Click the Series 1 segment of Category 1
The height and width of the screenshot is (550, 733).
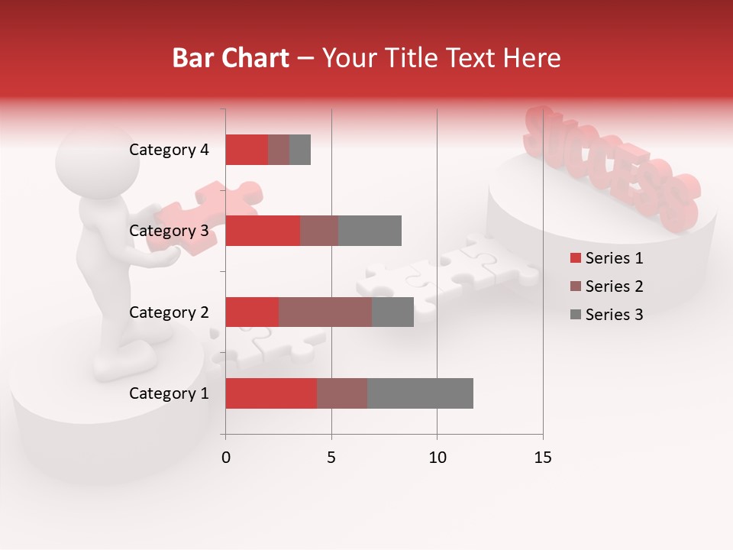[271, 393]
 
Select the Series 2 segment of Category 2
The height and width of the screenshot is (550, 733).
[325, 312]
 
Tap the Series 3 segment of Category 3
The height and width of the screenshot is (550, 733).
[370, 231]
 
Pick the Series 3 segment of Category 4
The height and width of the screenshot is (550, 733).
[300, 150]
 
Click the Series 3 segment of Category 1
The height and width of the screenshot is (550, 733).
[420, 393]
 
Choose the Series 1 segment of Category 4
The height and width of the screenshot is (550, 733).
[247, 150]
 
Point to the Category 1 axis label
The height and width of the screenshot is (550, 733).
[169, 393]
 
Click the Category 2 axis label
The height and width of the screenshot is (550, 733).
[169, 312]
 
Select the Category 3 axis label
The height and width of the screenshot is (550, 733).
[169, 231]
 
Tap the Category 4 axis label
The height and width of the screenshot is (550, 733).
[169, 150]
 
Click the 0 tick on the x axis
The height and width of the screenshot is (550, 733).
[226, 458]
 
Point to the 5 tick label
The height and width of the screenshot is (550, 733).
[331, 458]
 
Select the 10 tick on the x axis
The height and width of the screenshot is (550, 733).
[437, 458]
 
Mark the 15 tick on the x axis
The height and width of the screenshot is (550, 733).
[543, 458]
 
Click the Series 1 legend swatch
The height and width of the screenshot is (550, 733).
[576, 258]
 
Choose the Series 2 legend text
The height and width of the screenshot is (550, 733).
[614, 286]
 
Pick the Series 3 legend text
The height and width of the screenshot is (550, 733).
[614, 315]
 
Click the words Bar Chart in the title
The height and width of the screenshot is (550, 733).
[231, 58]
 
